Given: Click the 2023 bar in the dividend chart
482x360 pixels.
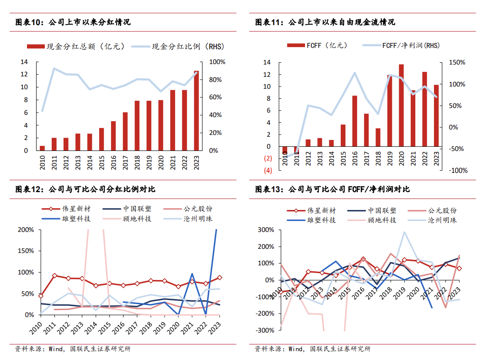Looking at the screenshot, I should [196, 111].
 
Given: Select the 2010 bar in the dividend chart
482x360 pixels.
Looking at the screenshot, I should [42, 148].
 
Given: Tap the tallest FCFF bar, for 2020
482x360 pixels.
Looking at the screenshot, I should [401, 105].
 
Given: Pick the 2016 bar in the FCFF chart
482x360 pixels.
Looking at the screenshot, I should [354, 121].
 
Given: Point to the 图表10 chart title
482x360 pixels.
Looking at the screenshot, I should [73, 22].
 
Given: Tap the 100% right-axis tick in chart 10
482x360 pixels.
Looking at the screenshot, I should [216, 62].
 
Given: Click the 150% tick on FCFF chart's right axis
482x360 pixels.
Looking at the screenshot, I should [457, 62].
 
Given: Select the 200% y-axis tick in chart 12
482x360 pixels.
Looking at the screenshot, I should [25, 230].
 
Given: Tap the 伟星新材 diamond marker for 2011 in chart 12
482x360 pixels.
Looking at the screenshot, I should [54, 276].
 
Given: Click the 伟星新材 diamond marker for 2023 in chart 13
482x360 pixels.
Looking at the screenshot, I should [459, 269].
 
